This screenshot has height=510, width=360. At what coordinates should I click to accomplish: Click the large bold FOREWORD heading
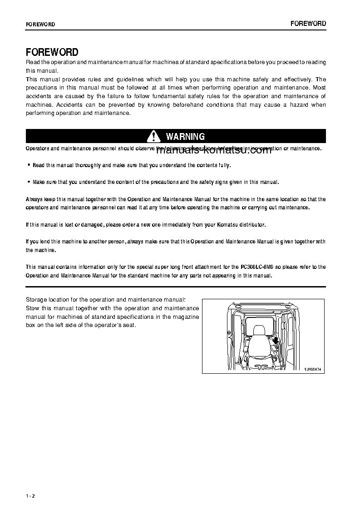[x=52, y=52]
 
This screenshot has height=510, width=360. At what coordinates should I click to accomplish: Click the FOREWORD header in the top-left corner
[x=40, y=25]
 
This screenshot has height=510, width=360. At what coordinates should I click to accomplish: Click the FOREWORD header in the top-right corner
[x=309, y=24]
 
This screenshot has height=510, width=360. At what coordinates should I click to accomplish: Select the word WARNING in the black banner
[x=185, y=136]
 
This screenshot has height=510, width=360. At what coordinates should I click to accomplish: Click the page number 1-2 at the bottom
[x=30, y=495]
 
